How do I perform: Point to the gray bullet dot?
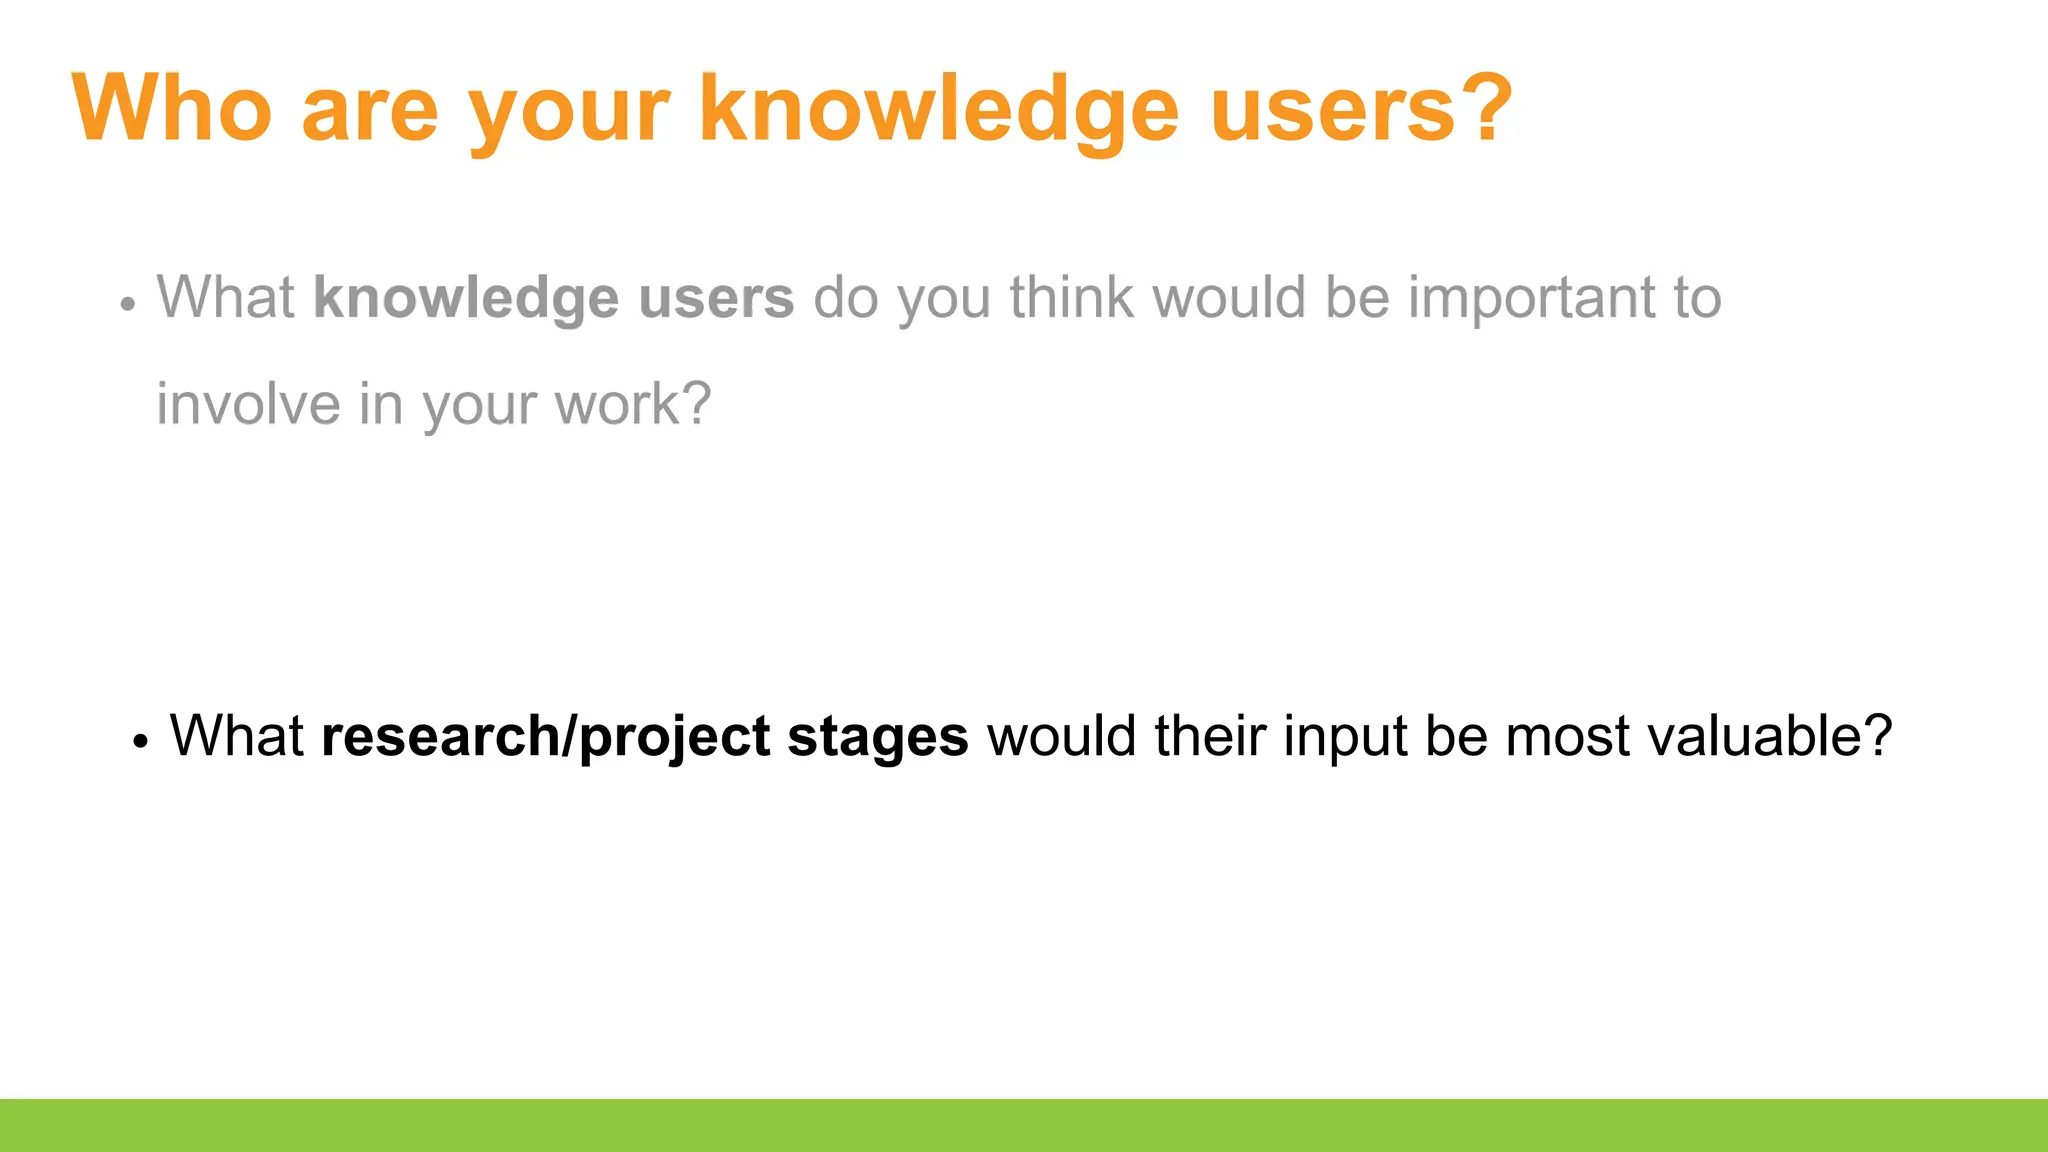tap(127, 305)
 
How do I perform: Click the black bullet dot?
tap(140, 742)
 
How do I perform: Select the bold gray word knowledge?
tap(465, 298)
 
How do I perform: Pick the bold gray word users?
tap(716, 298)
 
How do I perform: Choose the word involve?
tap(248, 404)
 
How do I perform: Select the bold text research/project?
tap(545, 737)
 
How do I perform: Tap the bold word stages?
tap(877, 737)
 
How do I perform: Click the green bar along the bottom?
tap(1024, 1125)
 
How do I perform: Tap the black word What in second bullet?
tap(236, 736)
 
